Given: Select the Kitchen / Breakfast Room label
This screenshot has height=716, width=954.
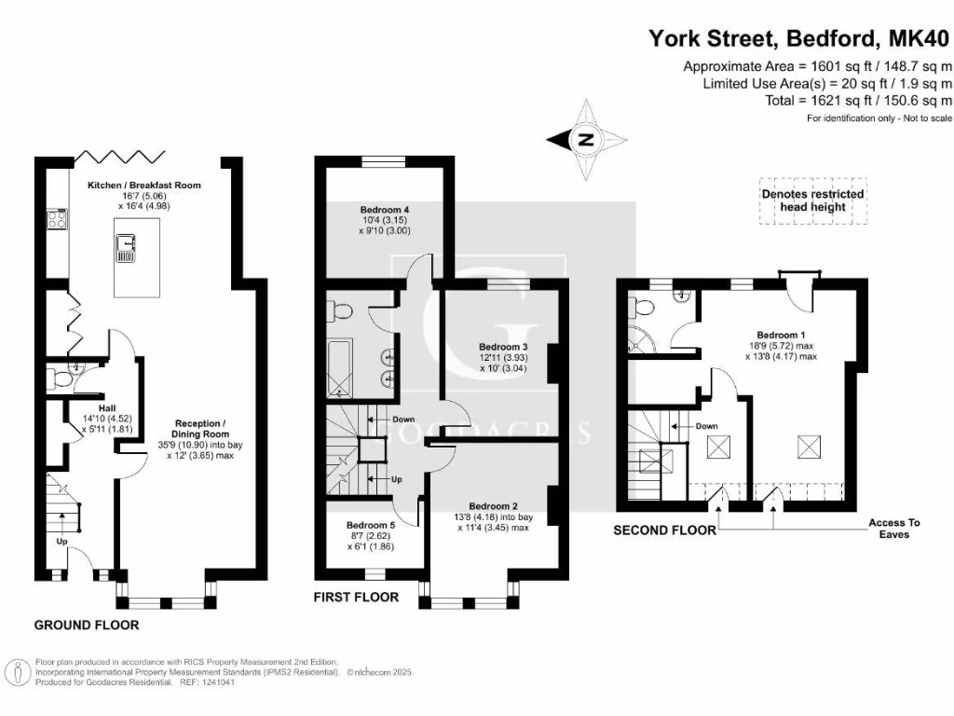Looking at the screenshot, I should coord(144,186).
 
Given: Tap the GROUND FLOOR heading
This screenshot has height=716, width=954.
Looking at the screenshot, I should coord(87,625).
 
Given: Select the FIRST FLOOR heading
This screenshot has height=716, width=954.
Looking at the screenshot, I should coord(357,597).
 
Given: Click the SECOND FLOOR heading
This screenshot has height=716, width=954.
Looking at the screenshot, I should coord(664,530).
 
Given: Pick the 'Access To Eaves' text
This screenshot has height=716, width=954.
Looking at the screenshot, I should coord(894,529).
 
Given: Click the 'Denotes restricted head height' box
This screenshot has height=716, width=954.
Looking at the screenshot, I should coord(812,200).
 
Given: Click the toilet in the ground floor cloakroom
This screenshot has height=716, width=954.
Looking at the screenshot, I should coord(61,379).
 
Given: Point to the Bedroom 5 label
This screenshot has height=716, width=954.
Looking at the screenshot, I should coord(371,525).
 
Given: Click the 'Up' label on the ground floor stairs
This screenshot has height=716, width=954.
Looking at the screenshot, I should coord(62,541).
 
